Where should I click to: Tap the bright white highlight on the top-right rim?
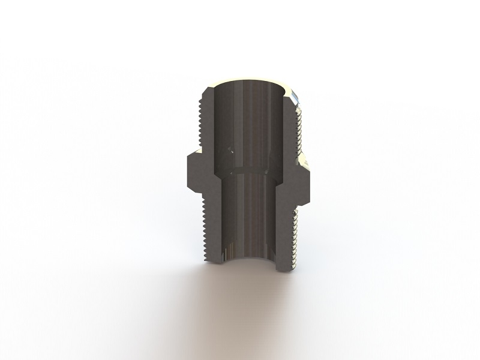click(296, 95)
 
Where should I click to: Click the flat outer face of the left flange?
click(187, 171)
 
